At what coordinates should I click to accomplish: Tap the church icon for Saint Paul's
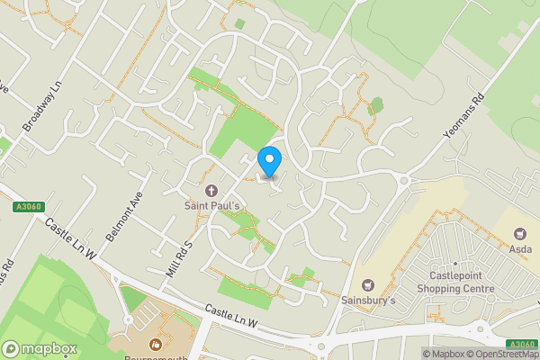click(x=212, y=190)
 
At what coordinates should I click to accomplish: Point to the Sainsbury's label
click(x=368, y=300)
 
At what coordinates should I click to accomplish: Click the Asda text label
click(x=521, y=248)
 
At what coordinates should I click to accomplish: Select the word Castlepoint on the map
click(x=456, y=276)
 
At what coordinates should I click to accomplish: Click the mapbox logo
click(x=40, y=348)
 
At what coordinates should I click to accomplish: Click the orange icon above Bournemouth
click(x=155, y=344)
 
